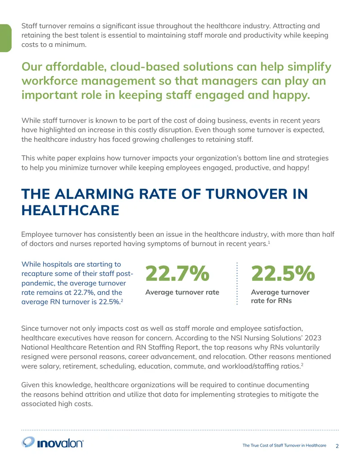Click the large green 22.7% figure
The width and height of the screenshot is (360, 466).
point(177,273)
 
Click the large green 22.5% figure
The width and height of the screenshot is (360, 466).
point(283,273)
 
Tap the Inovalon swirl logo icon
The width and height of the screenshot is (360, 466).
point(28,442)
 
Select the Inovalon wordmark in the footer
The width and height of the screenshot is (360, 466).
point(60,443)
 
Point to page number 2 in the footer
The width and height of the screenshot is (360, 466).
point(337,446)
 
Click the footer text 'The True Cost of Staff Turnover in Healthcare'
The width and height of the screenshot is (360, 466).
point(284,445)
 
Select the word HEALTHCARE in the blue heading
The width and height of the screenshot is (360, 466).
point(70,210)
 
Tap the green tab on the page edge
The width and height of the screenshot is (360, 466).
point(6,38)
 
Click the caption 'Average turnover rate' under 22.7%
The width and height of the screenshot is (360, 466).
point(182,292)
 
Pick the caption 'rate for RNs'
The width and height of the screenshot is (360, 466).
point(271,301)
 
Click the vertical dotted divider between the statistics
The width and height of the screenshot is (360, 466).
point(237,284)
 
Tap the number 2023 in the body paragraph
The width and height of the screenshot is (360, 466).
point(313,338)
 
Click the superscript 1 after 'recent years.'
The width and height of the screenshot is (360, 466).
point(269,242)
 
